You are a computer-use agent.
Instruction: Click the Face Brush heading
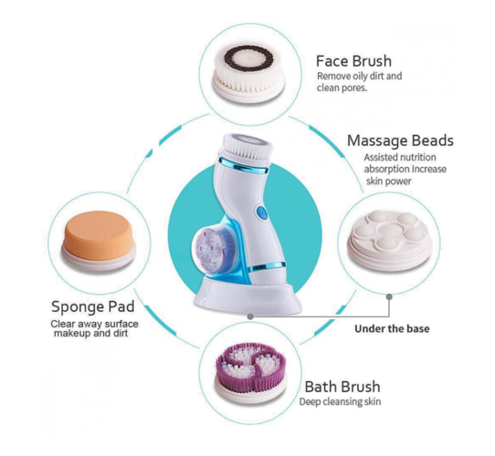353,61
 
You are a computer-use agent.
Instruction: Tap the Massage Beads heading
400,141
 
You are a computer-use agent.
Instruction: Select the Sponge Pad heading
93,306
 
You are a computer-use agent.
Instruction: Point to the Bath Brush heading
342,387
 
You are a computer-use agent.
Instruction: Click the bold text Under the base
392,328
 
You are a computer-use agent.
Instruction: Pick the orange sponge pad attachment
100,240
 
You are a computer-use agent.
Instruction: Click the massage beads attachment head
390,241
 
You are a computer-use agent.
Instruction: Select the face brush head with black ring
247,73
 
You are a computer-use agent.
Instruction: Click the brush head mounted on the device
247,150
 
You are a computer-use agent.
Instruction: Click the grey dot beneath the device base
250,316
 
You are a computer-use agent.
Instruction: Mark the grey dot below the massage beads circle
389,296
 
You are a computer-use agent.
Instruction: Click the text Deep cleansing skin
340,402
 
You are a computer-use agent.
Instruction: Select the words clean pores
342,88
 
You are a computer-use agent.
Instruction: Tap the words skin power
389,181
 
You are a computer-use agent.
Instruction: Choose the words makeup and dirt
91,333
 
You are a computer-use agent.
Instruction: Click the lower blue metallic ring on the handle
267,267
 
